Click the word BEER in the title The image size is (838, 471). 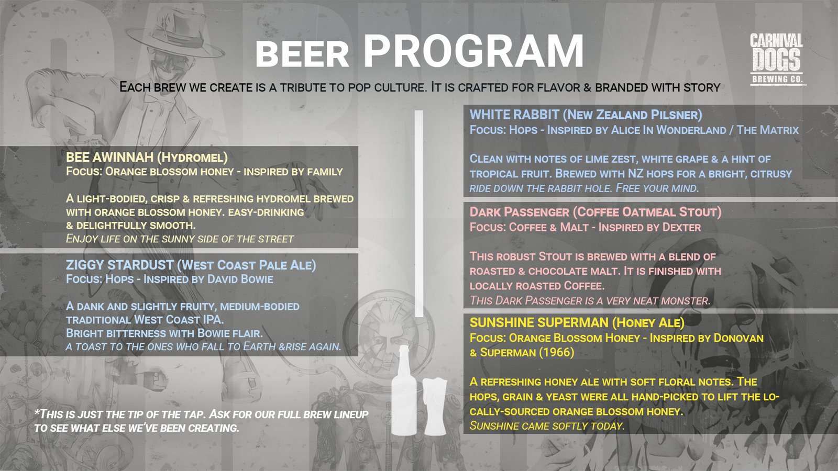(302, 54)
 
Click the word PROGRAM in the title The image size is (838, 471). (473, 50)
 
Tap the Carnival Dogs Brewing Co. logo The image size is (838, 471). (776, 60)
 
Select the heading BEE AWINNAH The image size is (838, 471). (109, 158)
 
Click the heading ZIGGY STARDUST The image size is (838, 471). (120, 265)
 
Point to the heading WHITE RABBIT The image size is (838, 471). (514, 115)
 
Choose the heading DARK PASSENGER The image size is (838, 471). (519, 212)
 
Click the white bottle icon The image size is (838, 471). (404, 390)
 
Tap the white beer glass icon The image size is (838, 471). (434, 407)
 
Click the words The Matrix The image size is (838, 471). (767, 130)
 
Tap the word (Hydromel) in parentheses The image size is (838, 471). (192, 158)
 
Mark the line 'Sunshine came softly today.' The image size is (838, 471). (547, 426)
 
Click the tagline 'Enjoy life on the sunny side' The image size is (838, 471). (180, 239)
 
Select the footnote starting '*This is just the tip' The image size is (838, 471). (201, 421)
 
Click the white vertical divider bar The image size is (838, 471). (419, 214)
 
